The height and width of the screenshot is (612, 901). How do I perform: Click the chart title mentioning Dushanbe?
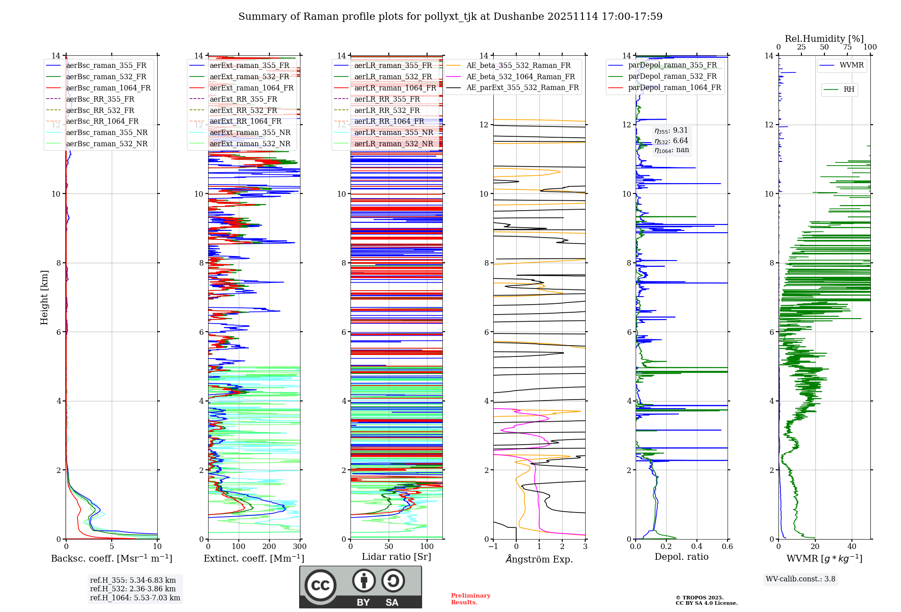point(450,17)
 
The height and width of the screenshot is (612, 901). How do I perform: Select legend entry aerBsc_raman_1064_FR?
point(108,88)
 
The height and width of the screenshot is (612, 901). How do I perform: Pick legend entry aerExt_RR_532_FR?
point(243,110)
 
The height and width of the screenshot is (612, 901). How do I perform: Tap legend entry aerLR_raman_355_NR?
point(393,132)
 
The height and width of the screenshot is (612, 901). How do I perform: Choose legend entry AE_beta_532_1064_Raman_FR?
point(520,76)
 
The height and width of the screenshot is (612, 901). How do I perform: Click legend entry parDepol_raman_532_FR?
point(672,76)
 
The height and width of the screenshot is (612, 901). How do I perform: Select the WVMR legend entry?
point(851,65)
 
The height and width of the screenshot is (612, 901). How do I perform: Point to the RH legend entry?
point(849,90)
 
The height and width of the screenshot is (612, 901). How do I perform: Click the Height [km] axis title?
point(44,297)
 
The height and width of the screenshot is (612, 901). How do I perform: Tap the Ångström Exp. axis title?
point(539,559)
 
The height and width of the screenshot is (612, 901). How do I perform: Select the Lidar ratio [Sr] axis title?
point(396,557)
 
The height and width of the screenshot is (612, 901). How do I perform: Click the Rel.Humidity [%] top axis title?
point(824,39)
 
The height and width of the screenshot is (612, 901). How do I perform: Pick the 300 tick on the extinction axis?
point(300,547)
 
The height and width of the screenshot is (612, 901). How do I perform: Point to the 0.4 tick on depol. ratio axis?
point(696,547)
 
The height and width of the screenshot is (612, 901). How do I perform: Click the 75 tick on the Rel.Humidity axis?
point(847,47)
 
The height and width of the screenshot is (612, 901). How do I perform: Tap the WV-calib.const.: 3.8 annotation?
point(800,579)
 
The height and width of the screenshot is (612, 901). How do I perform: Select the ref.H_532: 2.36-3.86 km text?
point(133,589)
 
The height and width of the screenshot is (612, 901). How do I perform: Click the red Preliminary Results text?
point(470,599)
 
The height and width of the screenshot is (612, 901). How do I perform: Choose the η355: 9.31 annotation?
point(671,130)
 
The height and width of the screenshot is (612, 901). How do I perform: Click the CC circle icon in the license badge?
point(320,585)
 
